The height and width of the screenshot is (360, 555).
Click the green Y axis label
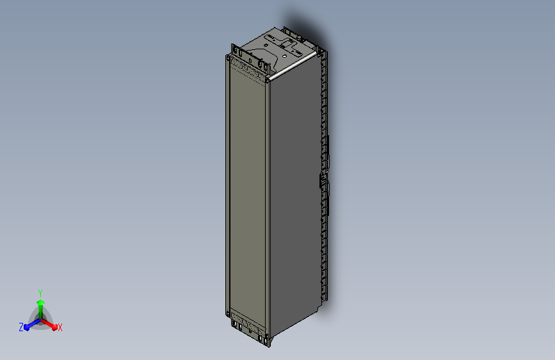tap(40, 293)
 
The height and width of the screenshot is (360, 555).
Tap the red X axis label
tap(60, 328)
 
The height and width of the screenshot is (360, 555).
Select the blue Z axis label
tap(21, 327)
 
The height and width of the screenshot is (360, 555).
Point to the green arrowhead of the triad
tap(41, 302)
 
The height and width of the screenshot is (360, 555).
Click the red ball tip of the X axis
tap(54, 327)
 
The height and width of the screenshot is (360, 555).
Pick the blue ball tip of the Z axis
tap(26, 328)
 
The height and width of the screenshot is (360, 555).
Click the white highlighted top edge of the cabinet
tap(292, 66)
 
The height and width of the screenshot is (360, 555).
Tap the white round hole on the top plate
tap(285, 56)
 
